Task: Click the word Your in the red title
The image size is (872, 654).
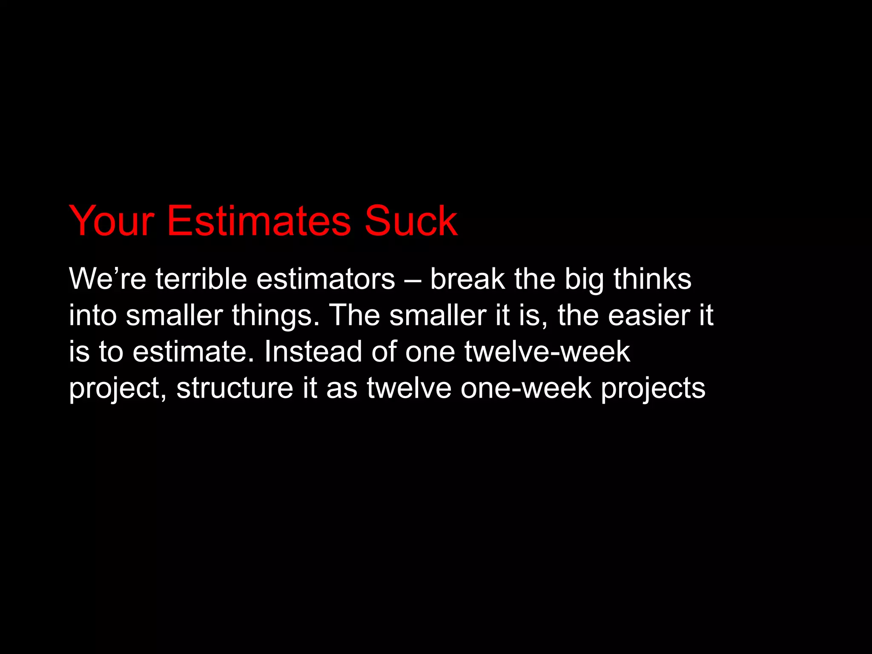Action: tap(112, 221)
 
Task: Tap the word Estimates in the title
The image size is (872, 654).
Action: tap(259, 221)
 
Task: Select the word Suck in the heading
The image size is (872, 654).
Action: tap(411, 221)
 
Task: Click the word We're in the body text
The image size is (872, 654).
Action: tap(107, 279)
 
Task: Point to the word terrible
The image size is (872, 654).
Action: tap(201, 279)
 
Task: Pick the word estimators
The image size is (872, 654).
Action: tap(326, 279)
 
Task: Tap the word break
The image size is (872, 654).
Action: tap(467, 279)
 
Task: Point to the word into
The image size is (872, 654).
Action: tap(93, 316)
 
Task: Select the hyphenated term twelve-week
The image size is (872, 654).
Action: tap(547, 352)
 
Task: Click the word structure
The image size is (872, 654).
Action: tap(235, 388)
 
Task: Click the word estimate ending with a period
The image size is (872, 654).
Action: tap(193, 352)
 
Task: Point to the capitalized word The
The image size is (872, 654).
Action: tap(355, 316)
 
